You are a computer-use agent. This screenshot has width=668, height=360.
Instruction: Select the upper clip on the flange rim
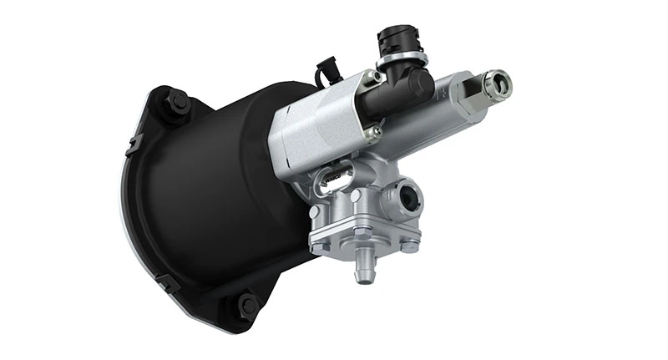coord(132,145)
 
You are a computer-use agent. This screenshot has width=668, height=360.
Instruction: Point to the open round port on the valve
coord(409,200)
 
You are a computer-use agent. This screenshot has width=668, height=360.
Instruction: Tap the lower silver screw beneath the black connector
coord(377,131)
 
